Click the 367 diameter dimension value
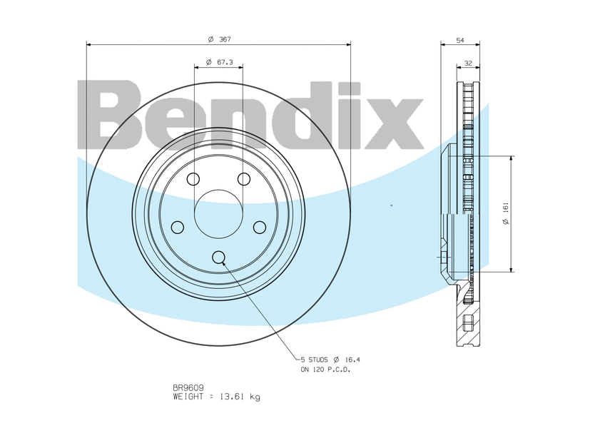tap(225, 39)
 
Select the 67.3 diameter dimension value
tap(225, 62)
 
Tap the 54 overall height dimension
tap(460, 40)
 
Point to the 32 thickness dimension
tap(468, 63)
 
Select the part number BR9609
tap(188, 388)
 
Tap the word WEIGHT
tap(188, 397)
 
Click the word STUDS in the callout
tap(318, 360)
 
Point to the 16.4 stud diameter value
tap(352, 360)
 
